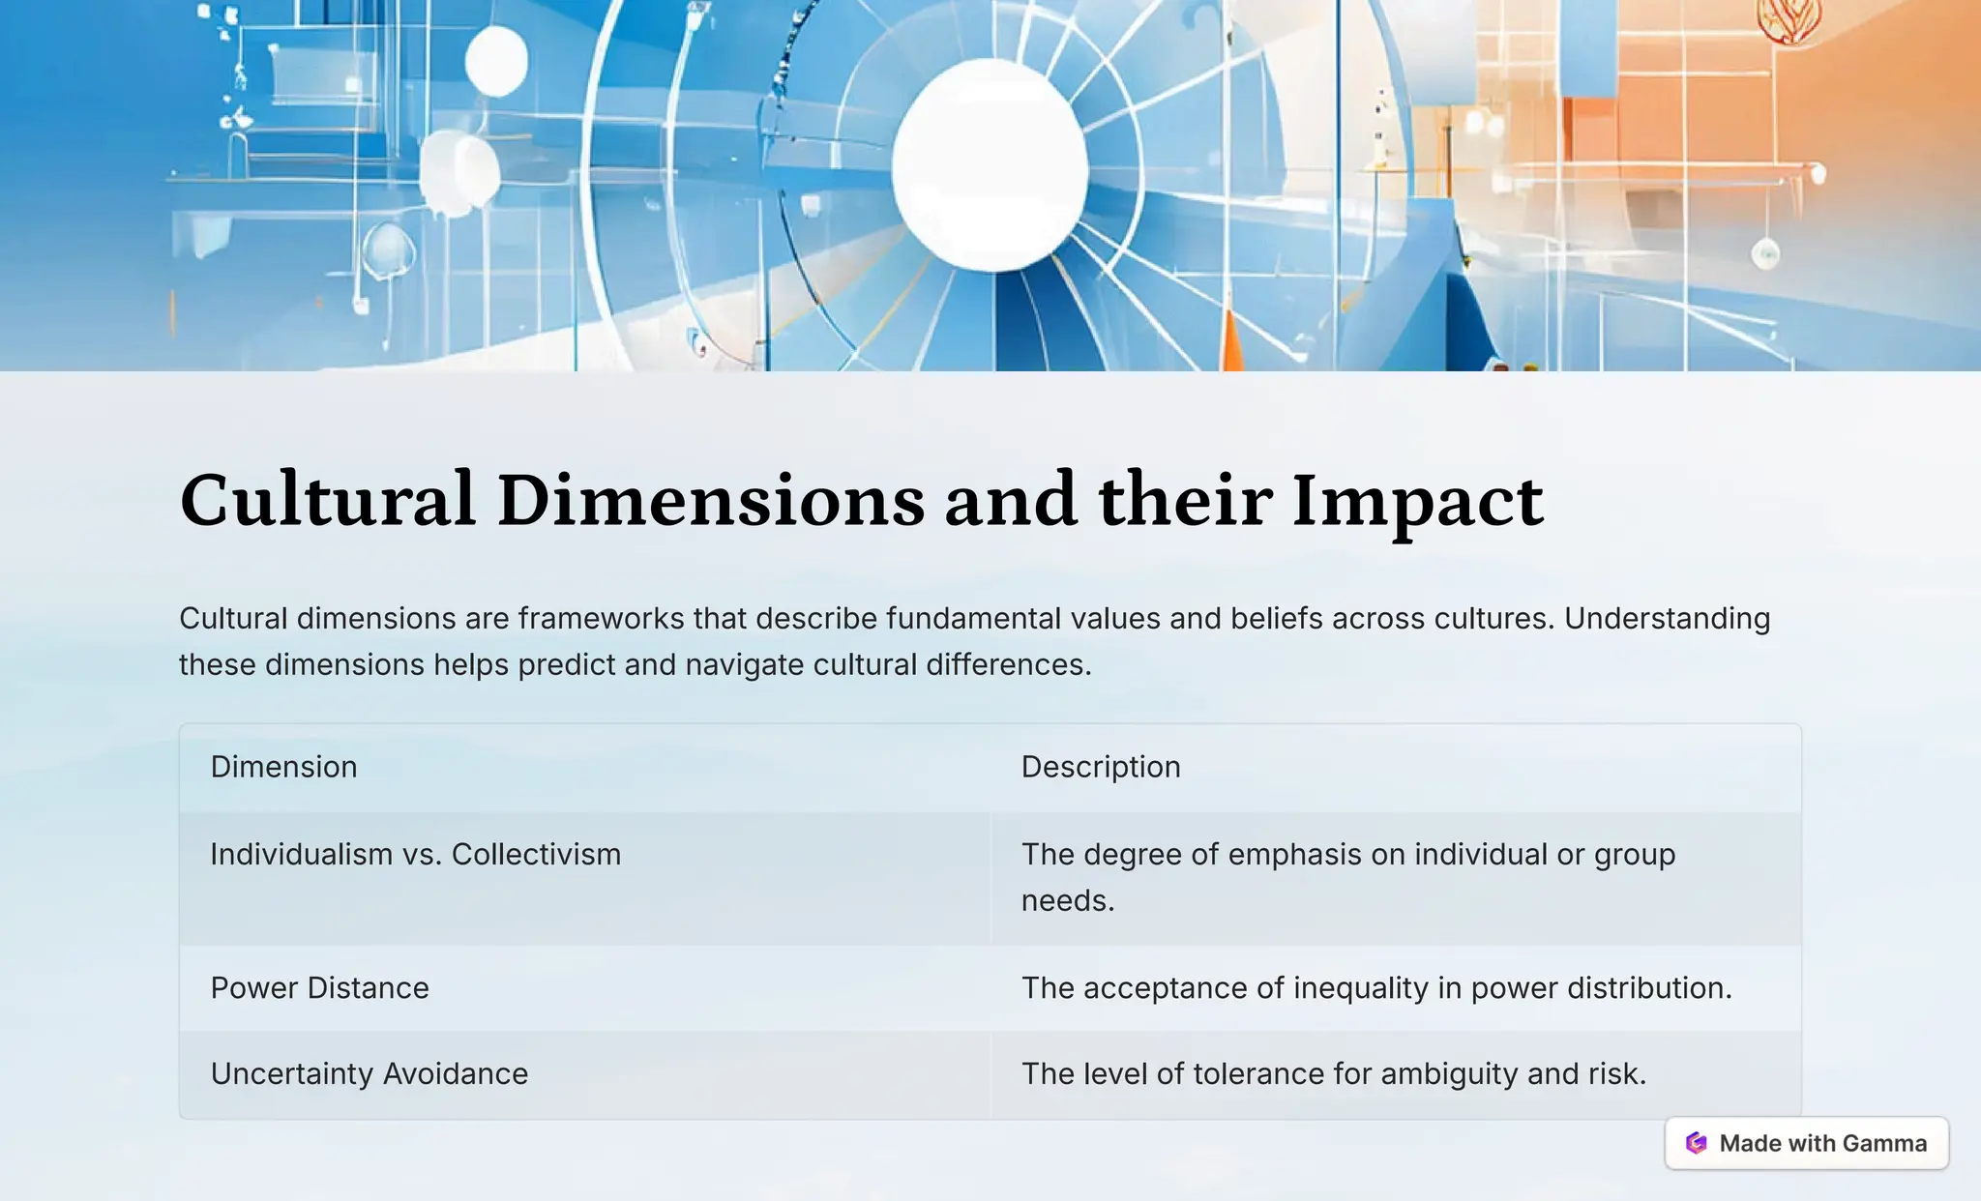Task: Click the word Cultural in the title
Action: coord(327,500)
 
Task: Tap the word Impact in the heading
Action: coord(1417,500)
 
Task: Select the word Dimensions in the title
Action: coord(710,500)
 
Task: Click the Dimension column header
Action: coord(283,767)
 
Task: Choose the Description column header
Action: coord(1101,767)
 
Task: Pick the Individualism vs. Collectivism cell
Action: coord(415,855)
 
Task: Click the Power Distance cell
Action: coord(319,988)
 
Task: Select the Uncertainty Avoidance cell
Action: coord(369,1074)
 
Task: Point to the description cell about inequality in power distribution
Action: coord(1375,988)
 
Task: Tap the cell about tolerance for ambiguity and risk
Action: coord(1333,1074)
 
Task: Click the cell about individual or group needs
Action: coord(1347,876)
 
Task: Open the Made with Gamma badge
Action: coord(1806,1143)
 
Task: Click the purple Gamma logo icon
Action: coord(1696,1143)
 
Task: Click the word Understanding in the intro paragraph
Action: coord(1667,619)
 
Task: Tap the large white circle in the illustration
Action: coord(990,164)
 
